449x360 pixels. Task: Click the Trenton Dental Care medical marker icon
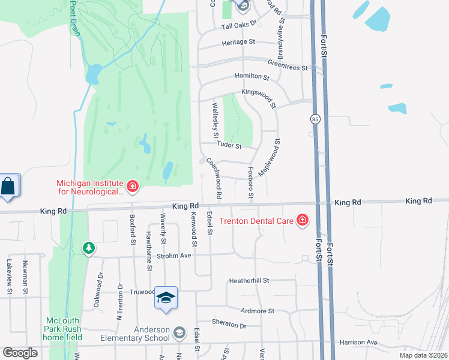(303, 221)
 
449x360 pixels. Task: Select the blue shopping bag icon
(9, 186)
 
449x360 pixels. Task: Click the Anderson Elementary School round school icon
(179, 332)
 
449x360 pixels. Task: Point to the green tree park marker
(89, 247)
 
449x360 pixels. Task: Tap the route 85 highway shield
(315, 119)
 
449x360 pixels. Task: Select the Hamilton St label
(252, 76)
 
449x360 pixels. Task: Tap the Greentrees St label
(288, 65)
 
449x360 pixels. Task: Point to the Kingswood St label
(259, 97)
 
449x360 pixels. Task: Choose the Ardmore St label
(257, 311)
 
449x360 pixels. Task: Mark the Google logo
(20, 352)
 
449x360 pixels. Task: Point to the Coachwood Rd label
(214, 178)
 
